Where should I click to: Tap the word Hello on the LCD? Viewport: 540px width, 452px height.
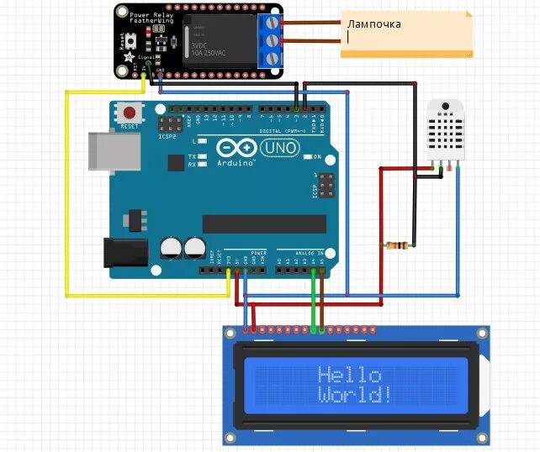click(x=350, y=375)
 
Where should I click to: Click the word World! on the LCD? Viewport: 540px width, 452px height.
click(x=355, y=394)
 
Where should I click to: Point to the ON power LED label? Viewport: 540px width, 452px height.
click(x=317, y=157)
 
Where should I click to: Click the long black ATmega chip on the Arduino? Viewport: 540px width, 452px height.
click(x=263, y=223)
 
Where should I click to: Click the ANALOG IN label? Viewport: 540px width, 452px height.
click(x=308, y=252)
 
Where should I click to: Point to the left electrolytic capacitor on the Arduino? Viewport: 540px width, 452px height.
click(x=172, y=249)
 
